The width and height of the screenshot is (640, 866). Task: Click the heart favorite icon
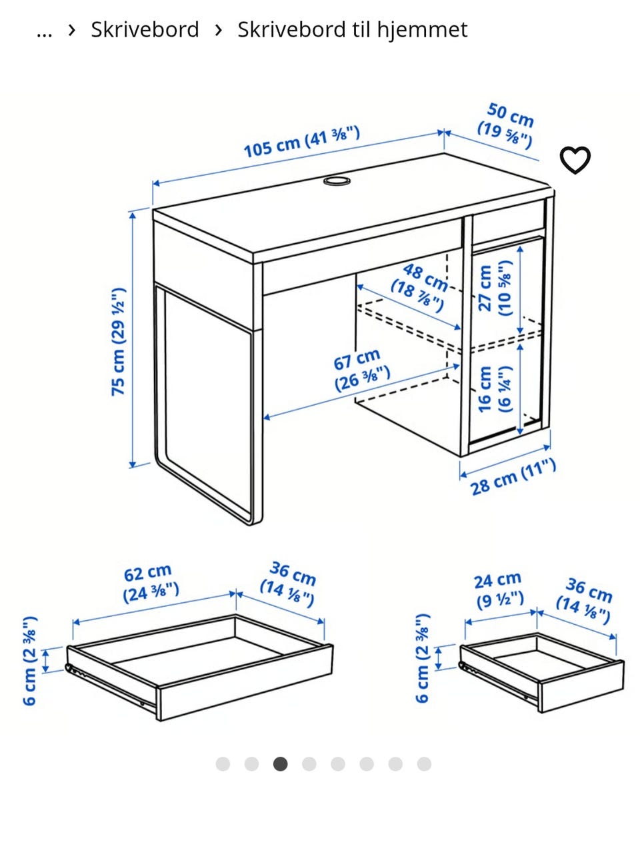pos(575,160)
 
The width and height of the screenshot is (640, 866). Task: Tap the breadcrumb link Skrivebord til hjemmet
pos(352,30)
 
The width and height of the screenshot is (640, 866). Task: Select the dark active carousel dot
pos(280,763)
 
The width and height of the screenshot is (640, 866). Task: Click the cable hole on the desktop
pos(337,181)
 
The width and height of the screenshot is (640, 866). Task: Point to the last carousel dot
pos(424,763)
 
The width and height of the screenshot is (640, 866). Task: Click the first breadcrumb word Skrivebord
pos(145,30)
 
